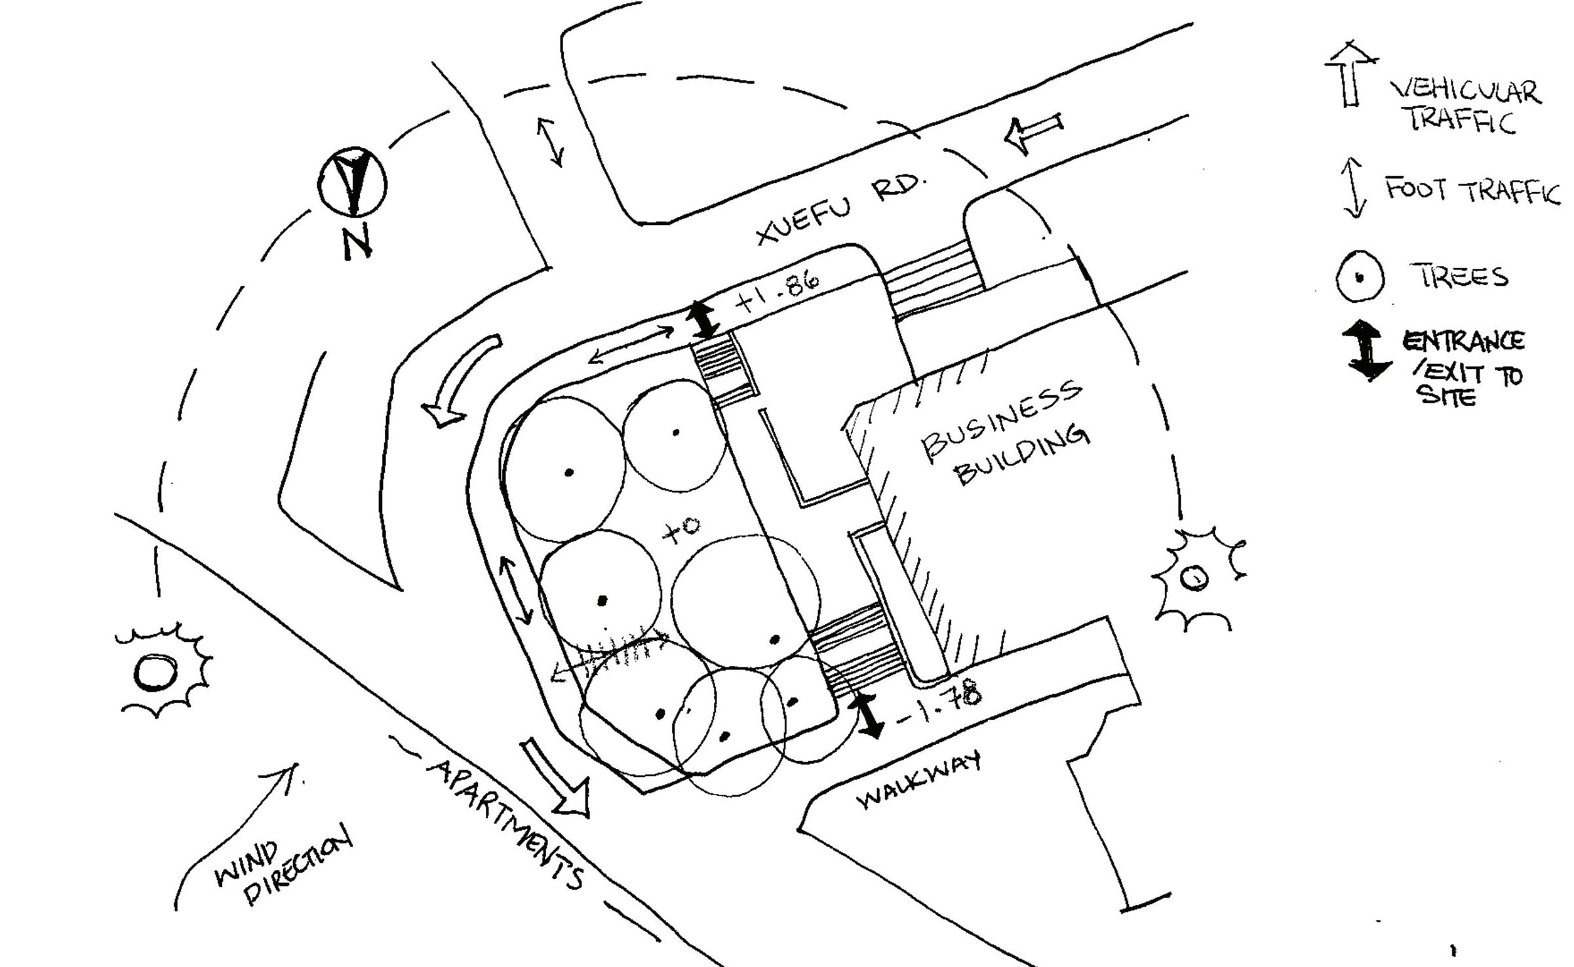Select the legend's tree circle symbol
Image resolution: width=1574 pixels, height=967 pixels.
1360,277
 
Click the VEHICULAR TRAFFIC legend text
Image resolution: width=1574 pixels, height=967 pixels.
1465,105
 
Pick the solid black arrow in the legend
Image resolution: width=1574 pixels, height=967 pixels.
1367,351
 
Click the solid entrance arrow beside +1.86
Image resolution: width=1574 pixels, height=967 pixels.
703,320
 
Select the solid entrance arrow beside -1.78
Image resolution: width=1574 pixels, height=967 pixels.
868,716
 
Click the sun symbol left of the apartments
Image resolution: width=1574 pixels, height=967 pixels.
157,673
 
